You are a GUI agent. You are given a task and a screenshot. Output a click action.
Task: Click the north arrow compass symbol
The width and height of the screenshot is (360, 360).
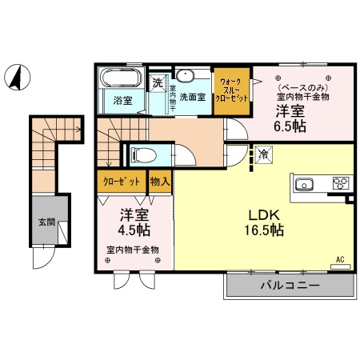15,77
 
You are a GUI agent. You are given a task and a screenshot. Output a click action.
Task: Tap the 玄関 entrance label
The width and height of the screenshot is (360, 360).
46,222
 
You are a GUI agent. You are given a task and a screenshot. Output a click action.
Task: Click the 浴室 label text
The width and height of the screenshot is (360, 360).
122,102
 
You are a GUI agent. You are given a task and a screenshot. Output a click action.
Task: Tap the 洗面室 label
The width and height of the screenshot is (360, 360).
192,97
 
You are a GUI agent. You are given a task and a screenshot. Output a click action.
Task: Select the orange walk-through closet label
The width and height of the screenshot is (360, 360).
232,92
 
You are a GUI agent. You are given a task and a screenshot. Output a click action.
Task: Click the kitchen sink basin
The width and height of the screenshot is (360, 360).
305,185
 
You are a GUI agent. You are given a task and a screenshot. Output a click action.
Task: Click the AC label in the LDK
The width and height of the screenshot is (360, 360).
339,260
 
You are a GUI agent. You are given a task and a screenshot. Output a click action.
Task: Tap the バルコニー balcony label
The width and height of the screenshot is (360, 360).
289,286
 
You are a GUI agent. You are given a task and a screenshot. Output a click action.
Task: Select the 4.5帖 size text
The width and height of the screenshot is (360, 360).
134,230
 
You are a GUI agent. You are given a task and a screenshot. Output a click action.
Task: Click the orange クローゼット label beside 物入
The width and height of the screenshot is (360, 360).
122,182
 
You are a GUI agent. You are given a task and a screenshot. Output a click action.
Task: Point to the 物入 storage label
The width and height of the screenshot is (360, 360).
160,182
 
